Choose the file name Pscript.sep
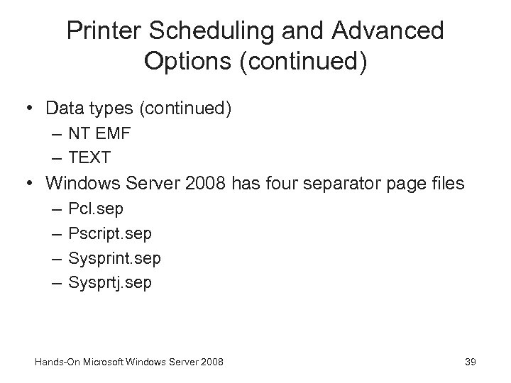110,233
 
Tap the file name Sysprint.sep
114,258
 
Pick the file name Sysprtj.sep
110,282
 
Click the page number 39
470,362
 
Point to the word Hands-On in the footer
55,362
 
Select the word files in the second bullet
446,184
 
